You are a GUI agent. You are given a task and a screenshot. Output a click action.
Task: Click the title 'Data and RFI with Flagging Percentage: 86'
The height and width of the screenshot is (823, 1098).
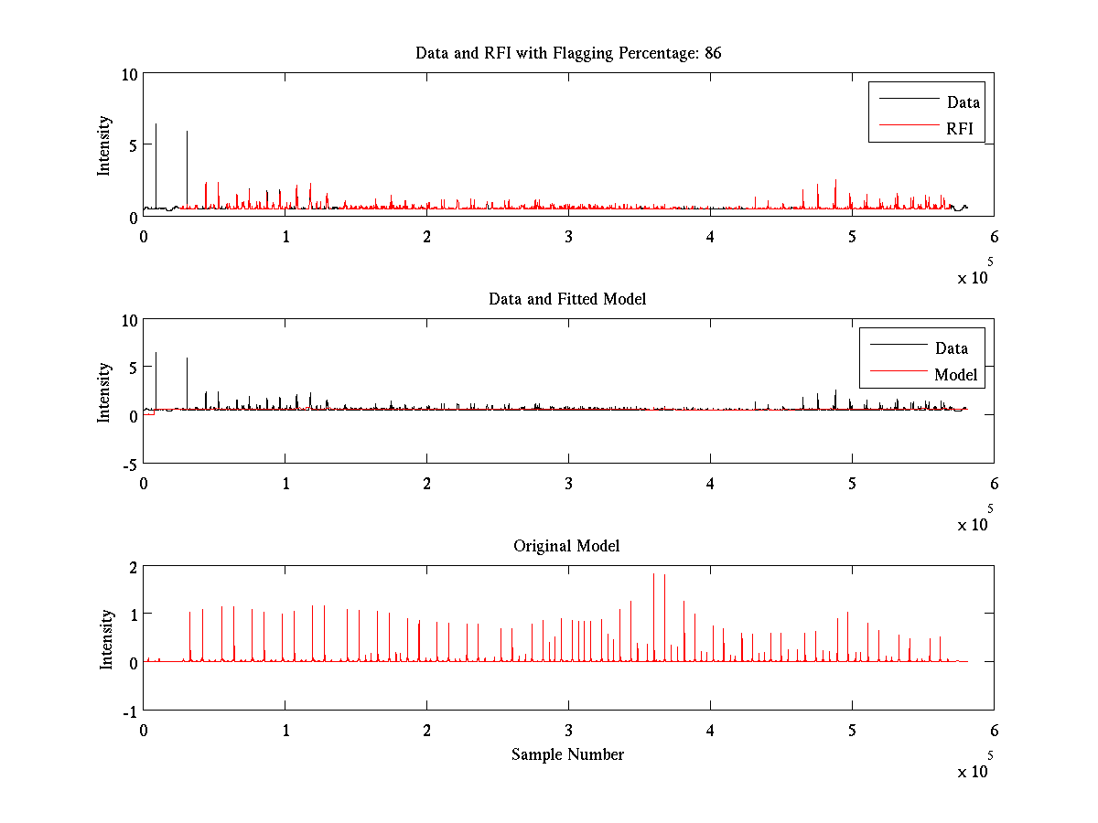click(568, 53)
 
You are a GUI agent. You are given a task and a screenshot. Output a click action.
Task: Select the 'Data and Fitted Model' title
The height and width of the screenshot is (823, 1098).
click(567, 299)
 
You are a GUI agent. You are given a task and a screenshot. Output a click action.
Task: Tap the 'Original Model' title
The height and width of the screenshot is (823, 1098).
click(566, 546)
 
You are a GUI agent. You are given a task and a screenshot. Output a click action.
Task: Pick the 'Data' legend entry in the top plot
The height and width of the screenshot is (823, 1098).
click(963, 102)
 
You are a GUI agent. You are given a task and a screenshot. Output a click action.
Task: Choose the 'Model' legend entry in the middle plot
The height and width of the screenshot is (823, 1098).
click(955, 375)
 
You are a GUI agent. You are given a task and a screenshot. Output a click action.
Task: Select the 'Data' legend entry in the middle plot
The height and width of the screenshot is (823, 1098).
click(951, 348)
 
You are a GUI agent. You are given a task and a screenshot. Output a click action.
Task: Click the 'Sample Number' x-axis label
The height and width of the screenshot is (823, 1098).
click(567, 754)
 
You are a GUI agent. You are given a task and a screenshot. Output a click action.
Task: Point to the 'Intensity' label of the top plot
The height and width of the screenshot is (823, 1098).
click(104, 144)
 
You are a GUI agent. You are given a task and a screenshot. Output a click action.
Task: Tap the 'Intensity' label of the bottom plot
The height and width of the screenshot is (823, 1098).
click(106, 638)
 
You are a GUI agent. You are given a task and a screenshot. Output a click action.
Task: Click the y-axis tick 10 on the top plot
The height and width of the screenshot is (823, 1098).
click(129, 74)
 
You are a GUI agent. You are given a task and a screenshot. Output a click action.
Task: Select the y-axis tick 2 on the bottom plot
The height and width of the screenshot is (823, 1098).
click(133, 567)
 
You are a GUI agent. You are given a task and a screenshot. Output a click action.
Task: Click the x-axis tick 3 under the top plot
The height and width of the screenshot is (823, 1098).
click(569, 236)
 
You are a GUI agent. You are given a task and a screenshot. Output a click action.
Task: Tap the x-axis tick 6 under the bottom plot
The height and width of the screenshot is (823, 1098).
click(995, 731)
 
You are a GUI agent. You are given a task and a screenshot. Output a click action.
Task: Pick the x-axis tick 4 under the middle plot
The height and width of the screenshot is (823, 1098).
click(711, 483)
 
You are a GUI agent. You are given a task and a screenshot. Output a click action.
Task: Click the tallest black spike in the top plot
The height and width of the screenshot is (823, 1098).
click(156, 125)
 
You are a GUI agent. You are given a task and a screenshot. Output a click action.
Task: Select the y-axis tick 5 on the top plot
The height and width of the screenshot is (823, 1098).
click(133, 144)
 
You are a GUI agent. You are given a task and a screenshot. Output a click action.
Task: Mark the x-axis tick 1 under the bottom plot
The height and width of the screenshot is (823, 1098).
click(285, 731)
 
